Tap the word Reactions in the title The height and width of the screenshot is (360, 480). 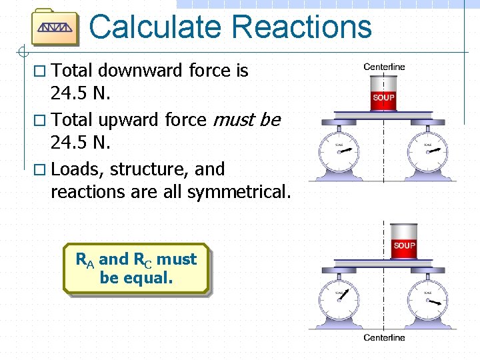click(x=303, y=27)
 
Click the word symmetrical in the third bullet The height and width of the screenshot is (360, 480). click(x=239, y=192)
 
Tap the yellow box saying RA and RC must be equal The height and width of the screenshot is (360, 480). click(x=136, y=268)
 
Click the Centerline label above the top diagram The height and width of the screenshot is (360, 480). click(x=384, y=67)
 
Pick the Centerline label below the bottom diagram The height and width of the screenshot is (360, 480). click(x=384, y=338)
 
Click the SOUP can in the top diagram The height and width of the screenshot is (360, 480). click(x=383, y=96)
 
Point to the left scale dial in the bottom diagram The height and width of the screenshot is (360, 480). click(x=339, y=301)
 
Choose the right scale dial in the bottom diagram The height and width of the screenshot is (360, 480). click(x=428, y=301)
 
